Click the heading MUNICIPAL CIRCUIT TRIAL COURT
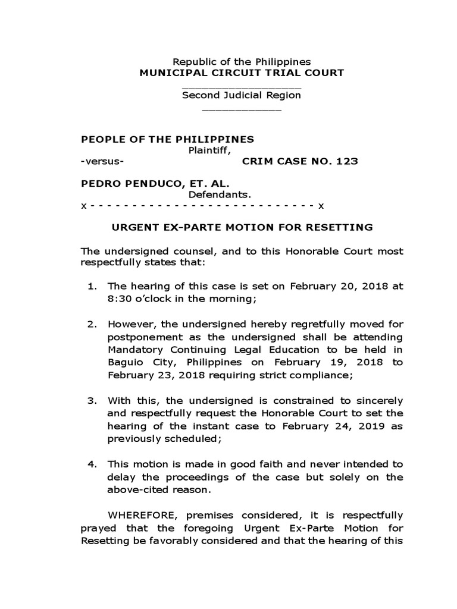pyautogui.click(x=241, y=73)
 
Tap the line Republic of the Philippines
pyautogui.click(x=242, y=62)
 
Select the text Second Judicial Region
pyautogui.click(x=242, y=96)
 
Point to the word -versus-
pyautogui.click(x=102, y=162)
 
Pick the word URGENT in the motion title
pyautogui.click(x=132, y=227)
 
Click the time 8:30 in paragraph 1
pyautogui.click(x=119, y=299)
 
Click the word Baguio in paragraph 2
pyautogui.click(x=124, y=362)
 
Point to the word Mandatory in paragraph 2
pyautogui.click(x=134, y=350)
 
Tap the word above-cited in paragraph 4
pyautogui.click(x=134, y=491)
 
